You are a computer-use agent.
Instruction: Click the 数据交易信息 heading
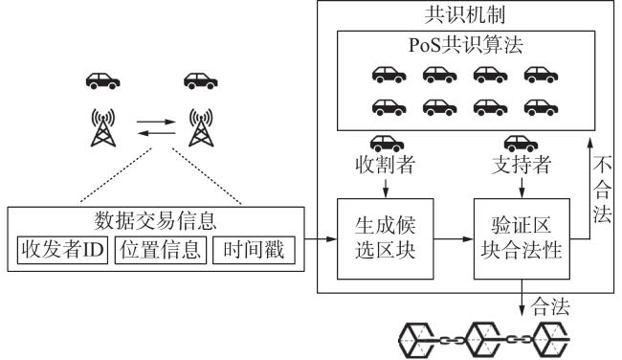coord(155,221)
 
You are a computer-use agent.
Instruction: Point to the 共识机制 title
coord(465,15)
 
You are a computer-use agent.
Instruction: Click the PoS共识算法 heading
coord(466,45)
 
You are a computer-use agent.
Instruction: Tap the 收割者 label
coord(386,165)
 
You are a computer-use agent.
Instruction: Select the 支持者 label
coord(522,165)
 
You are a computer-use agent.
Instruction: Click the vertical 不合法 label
coord(602,190)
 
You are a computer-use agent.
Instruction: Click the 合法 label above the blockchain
coord(550,306)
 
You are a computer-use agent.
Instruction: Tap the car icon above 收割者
coord(387,144)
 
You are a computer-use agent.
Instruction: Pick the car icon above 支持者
coord(521,144)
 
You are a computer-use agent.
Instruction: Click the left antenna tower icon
coord(103,127)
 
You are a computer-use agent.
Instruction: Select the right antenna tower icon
coord(201,127)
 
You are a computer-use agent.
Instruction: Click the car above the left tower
coord(102,81)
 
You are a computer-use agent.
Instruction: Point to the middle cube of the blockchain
coord(483,340)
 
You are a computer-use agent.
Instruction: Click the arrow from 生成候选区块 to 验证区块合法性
coord(454,239)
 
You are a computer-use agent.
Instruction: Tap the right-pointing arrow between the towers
coord(156,122)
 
